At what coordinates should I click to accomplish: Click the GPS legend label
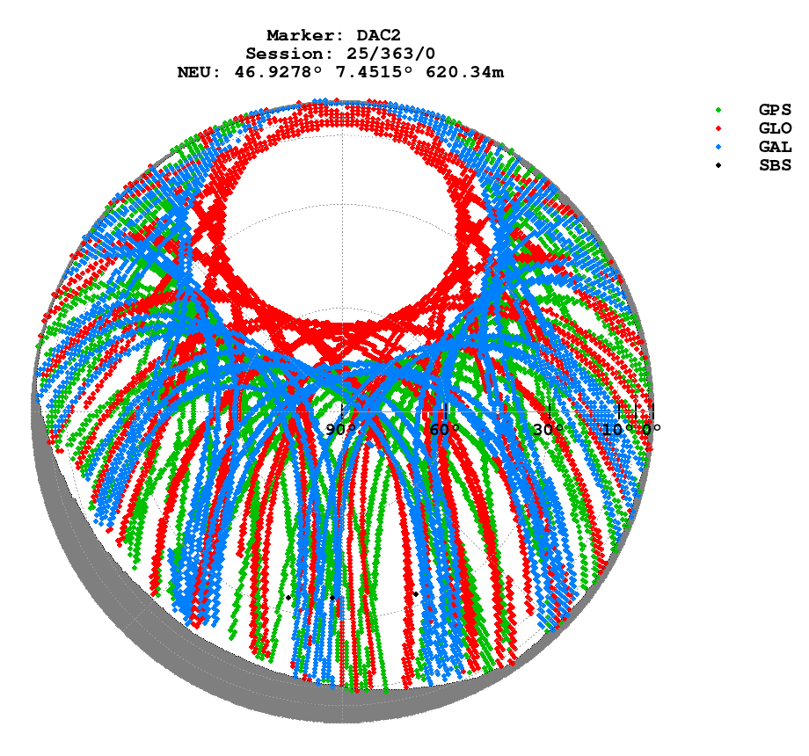click(775, 110)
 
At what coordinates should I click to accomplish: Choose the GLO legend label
click(775, 128)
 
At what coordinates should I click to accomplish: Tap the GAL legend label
click(775, 147)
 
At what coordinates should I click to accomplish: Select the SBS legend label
click(775, 165)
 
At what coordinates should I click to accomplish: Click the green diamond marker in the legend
click(719, 110)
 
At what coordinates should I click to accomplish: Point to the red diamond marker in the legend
click(719, 128)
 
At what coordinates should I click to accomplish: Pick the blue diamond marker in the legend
click(719, 147)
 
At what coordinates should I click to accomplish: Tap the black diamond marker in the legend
click(719, 165)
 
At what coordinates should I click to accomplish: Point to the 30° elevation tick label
click(548, 430)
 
